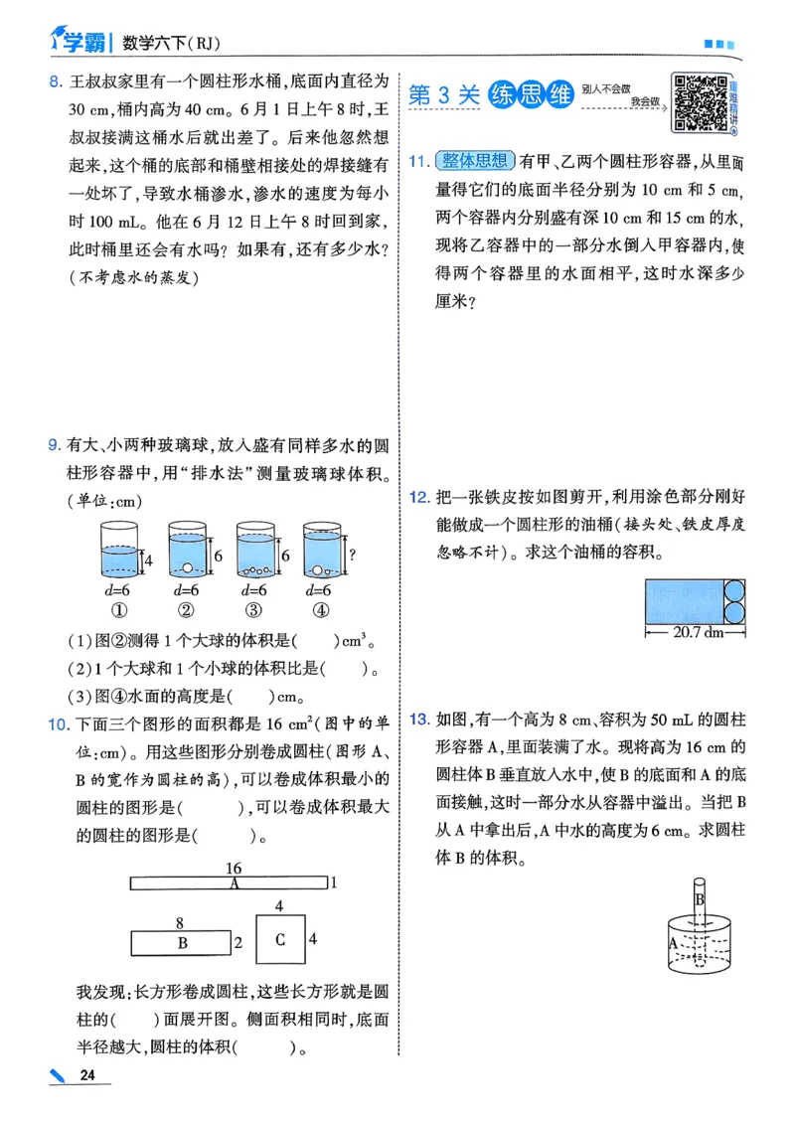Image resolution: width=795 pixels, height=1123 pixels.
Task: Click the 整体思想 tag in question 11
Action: pos(473,161)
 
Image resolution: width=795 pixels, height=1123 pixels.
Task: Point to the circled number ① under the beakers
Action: pos(120,610)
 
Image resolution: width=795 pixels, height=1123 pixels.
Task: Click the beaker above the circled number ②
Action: pos(186,551)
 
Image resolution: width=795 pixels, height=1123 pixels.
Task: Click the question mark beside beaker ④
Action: pos(352,556)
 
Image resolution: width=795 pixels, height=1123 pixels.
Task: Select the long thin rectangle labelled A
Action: pos(229,882)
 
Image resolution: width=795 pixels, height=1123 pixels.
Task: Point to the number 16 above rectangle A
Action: pos(234,868)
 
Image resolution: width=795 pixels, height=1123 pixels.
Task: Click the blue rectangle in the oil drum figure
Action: pos(683,601)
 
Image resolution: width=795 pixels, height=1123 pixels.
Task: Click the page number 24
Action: pos(87,1076)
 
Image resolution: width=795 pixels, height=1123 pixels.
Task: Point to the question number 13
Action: pos(417,719)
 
